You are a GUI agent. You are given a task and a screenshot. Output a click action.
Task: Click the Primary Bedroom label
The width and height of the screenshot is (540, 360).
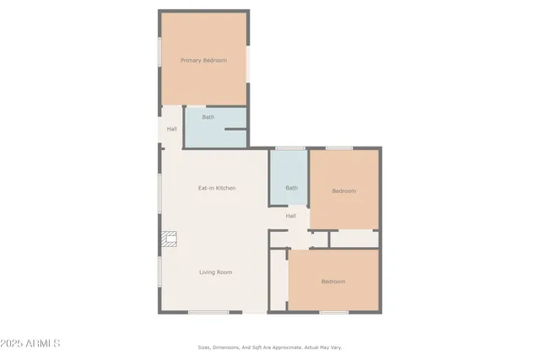tap(203, 60)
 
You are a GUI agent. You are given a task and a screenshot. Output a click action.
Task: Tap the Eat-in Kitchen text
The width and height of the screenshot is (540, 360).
tap(217, 188)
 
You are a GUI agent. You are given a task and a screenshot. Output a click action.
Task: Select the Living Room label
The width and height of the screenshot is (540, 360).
tap(215, 272)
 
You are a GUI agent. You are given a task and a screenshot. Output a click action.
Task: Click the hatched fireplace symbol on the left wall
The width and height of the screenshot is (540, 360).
tap(169, 239)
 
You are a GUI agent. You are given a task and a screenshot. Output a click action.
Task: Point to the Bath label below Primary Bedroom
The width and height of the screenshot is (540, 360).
tap(208, 117)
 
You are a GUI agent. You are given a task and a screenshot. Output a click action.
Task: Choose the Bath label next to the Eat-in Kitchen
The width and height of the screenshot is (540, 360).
tap(291, 188)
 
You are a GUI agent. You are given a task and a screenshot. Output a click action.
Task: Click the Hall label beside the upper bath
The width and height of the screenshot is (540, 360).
tap(171, 129)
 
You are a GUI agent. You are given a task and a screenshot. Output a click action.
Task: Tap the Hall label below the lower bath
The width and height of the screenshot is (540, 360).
tap(290, 216)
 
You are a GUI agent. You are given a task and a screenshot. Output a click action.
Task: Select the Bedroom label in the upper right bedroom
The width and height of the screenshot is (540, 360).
tap(343, 191)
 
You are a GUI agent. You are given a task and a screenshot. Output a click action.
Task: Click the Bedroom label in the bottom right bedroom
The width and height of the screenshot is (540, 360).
tap(332, 282)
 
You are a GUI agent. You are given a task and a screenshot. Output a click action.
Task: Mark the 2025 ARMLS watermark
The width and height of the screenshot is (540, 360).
tap(31, 344)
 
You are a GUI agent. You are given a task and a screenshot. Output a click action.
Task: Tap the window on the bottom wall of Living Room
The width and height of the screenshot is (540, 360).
tap(208, 313)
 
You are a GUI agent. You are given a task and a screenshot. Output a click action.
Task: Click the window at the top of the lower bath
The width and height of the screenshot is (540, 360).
tap(289, 148)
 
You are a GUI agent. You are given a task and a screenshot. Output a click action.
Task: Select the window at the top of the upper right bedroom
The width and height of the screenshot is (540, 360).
tap(339, 148)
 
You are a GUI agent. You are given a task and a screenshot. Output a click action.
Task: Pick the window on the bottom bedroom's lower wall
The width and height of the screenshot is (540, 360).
tap(333, 313)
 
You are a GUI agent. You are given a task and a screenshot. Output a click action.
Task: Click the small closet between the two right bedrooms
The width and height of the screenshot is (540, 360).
tap(353, 239)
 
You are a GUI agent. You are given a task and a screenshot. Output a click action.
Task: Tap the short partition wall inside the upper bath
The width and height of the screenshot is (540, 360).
tap(235, 130)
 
